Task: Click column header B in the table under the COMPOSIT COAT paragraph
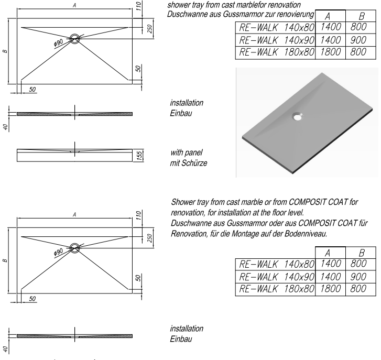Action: [x=359, y=253]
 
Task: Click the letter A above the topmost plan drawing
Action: [x=75, y=5]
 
